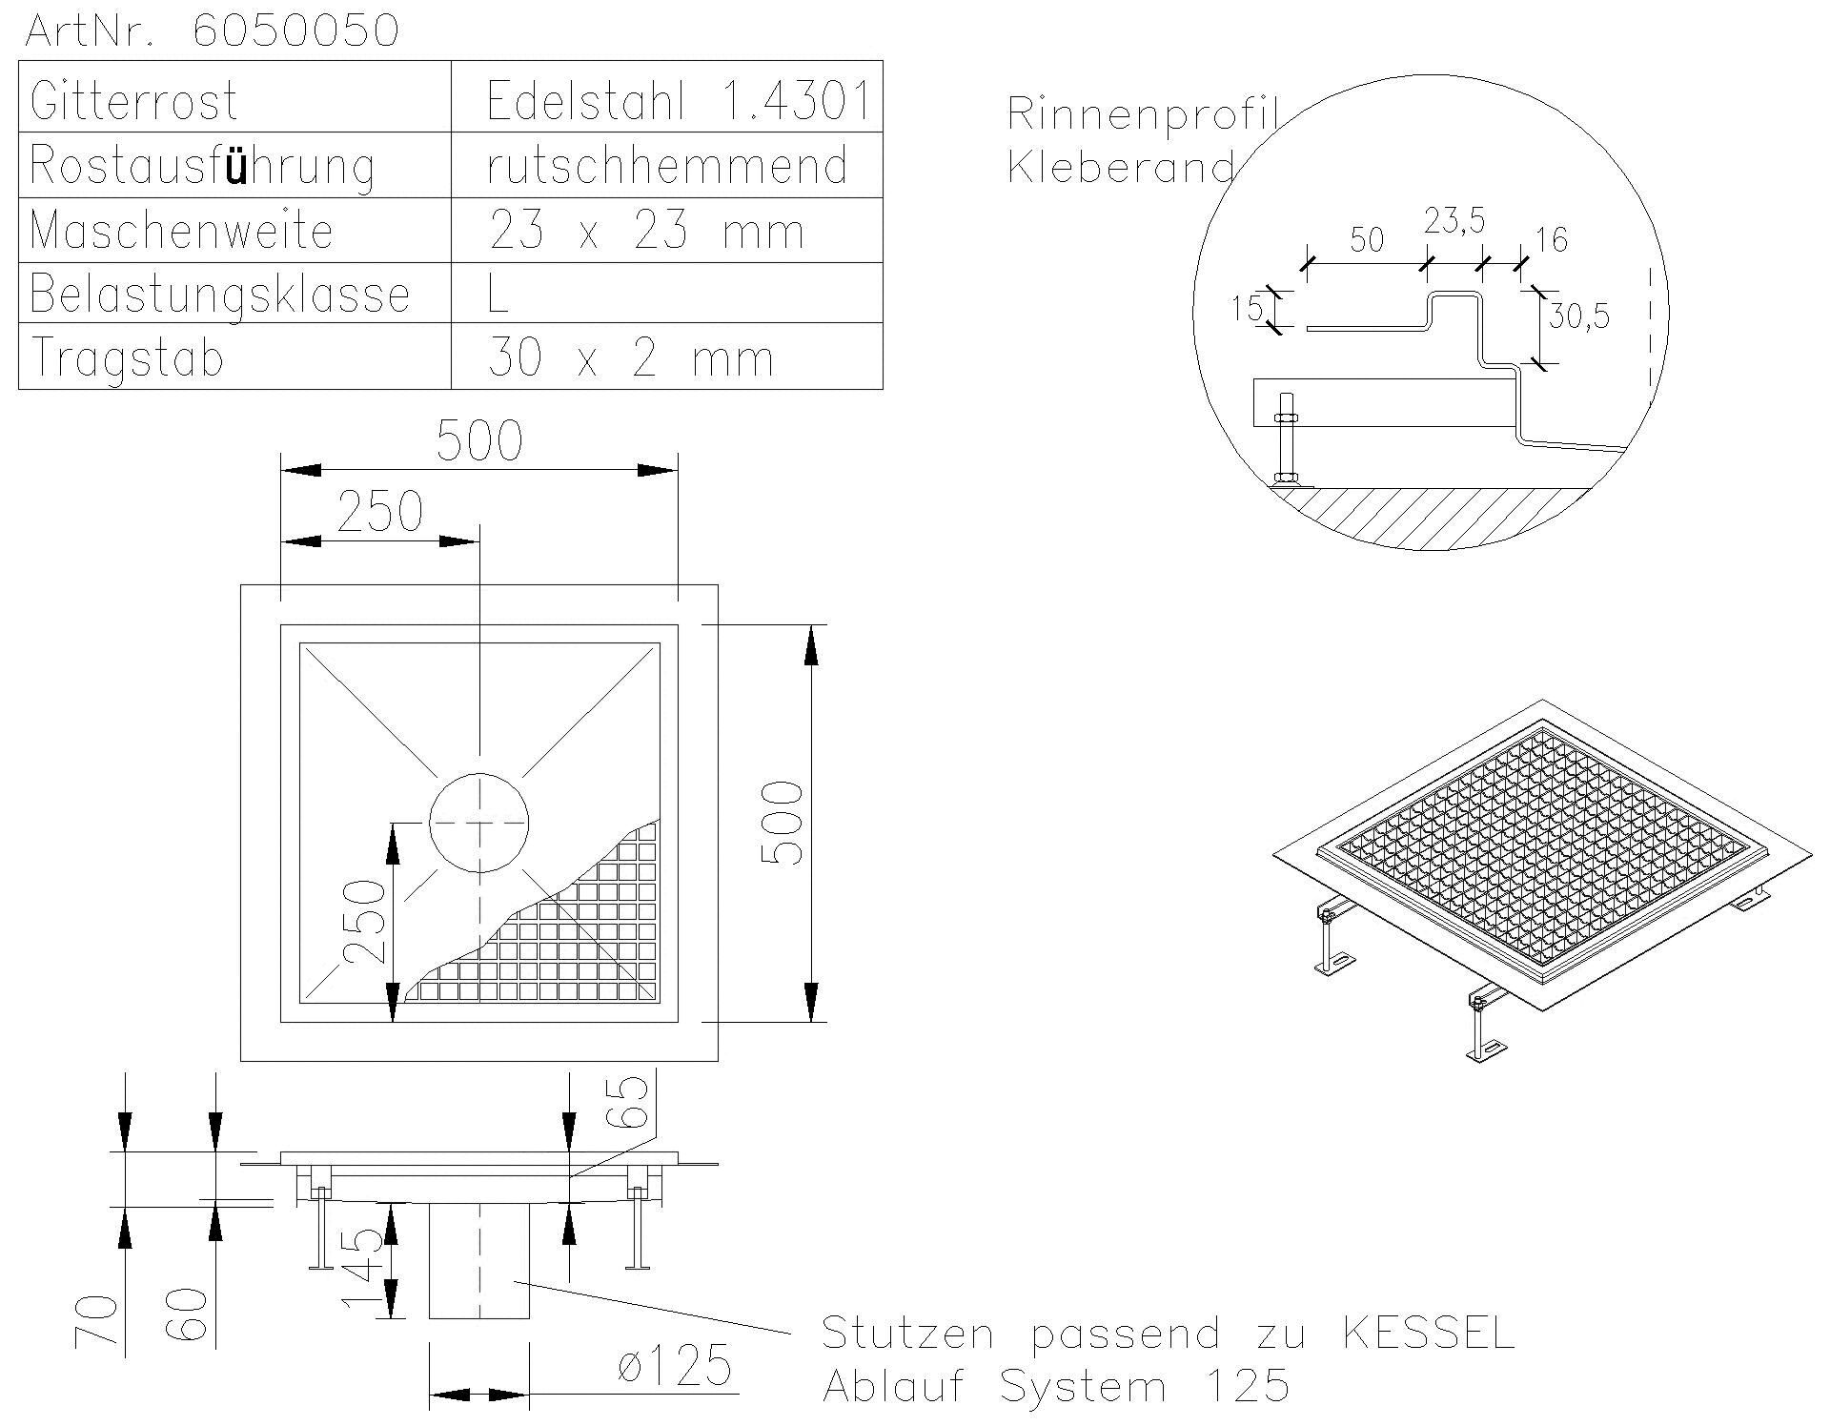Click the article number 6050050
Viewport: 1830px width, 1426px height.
pos(295,31)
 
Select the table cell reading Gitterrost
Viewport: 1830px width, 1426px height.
pos(133,99)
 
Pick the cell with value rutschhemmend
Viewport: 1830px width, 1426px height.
pos(667,165)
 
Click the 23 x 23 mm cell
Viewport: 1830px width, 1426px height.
pos(646,231)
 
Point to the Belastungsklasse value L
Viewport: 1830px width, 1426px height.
pos(498,294)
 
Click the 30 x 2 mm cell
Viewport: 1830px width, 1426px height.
pos(629,358)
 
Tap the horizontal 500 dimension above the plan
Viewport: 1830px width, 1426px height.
pos(479,440)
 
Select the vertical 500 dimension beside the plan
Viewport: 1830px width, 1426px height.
pos(783,823)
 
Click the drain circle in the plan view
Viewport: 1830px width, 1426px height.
pos(478,823)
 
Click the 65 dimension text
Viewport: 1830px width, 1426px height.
pos(632,1103)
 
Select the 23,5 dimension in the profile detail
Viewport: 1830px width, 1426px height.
pos(1454,221)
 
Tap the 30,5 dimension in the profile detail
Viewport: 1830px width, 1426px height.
pos(1578,316)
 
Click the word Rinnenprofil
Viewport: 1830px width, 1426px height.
pos(1142,114)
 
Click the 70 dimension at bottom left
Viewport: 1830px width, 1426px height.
pos(95,1320)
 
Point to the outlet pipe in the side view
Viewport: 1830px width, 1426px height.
pos(478,1260)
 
